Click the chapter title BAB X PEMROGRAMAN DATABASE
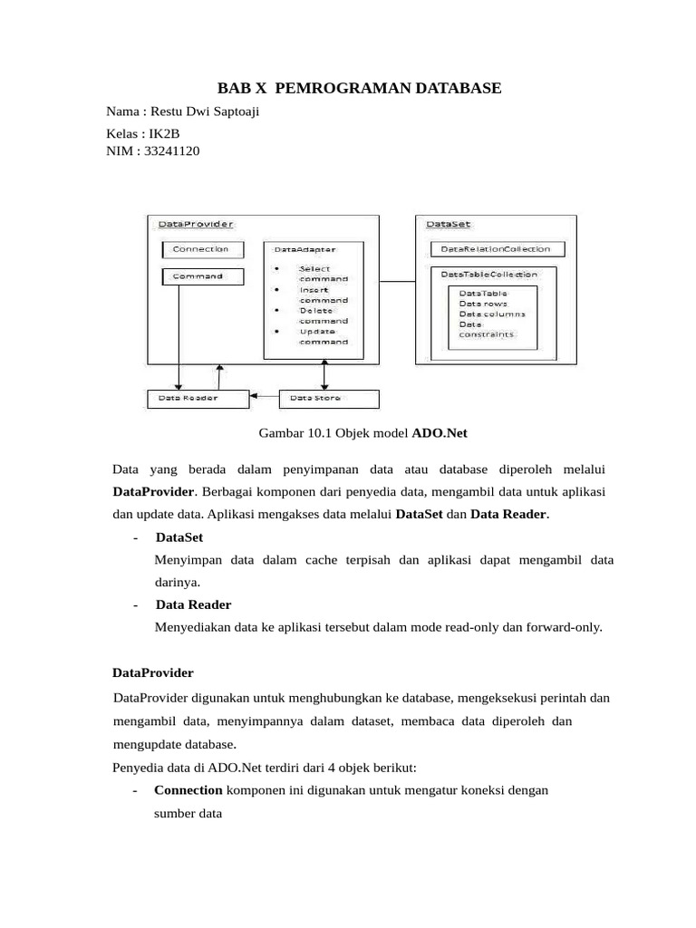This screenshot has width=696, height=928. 359,88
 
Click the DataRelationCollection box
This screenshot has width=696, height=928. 497,248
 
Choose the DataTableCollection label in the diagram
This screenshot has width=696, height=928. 489,274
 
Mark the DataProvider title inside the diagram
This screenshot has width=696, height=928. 195,224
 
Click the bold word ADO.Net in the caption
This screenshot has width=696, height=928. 440,433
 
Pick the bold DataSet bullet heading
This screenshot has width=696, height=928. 179,537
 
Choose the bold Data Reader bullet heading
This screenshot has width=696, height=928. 193,604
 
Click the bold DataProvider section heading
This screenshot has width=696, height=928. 152,673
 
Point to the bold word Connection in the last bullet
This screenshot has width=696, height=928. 188,790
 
